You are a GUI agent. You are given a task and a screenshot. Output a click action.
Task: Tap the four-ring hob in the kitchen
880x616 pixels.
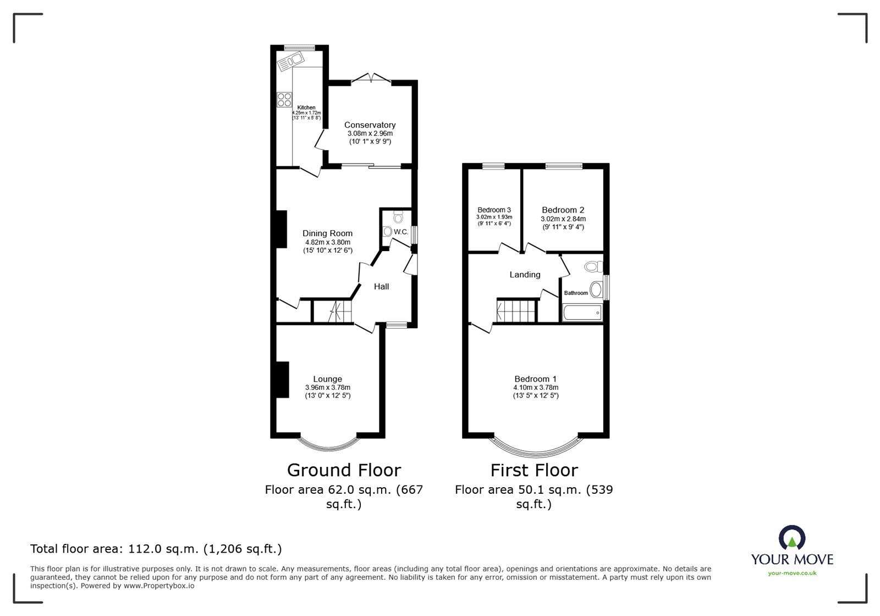pyautogui.click(x=284, y=100)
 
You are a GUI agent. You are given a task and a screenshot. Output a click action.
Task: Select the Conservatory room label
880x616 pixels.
pyautogui.click(x=370, y=125)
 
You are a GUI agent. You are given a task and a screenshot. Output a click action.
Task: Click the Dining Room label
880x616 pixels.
pyautogui.click(x=327, y=233)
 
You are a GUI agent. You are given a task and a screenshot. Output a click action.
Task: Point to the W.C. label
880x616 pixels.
pyautogui.click(x=401, y=232)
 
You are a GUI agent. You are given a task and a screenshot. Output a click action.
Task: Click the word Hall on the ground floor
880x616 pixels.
pyautogui.click(x=381, y=287)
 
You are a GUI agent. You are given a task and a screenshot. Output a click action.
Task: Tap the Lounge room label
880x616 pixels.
pyautogui.click(x=327, y=379)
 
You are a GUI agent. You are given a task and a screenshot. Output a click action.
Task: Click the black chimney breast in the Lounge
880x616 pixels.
pyautogui.click(x=283, y=380)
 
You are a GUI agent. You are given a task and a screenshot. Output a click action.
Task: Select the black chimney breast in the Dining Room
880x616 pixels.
pyautogui.click(x=281, y=229)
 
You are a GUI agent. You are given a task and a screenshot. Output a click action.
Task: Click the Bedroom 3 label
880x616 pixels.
pyautogui.click(x=494, y=210)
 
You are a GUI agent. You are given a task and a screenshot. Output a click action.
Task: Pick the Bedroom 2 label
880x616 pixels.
pyautogui.click(x=563, y=210)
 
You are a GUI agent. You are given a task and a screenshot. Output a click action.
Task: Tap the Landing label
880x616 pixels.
pyautogui.click(x=525, y=275)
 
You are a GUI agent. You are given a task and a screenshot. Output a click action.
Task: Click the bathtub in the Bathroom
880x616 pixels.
pyautogui.click(x=582, y=313)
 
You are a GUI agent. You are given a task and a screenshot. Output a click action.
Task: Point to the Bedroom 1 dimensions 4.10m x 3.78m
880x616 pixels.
pyautogui.click(x=536, y=388)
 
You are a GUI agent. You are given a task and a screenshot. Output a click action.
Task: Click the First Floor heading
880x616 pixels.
pyautogui.click(x=534, y=470)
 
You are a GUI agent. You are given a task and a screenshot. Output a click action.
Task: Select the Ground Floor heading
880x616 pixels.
pyautogui.click(x=344, y=470)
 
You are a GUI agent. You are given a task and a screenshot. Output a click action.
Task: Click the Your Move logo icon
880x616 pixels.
pyautogui.click(x=792, y=537)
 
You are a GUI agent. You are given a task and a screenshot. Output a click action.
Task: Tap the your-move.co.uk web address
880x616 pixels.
pyautogui.click(x=792, y=573)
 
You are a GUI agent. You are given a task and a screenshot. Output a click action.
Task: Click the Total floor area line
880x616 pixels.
pyautogui.click(x=156, y=549)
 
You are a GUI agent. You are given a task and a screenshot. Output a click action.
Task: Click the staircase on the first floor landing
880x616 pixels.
pyautogui.click(x=516, y=310)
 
